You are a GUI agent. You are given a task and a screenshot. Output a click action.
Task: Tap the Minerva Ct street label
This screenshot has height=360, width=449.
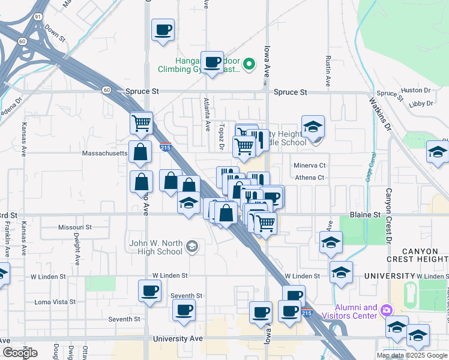tap(310, 165)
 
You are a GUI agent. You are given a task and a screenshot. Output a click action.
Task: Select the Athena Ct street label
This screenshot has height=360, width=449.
tap(310, 178)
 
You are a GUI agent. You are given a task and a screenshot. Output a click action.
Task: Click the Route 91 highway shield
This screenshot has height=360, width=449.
tap(38, 17)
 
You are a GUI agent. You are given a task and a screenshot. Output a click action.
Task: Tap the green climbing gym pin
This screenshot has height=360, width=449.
tap(251, 62)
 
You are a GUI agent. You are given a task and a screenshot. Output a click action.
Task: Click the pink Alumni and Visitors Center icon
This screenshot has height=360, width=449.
tap(387, 310)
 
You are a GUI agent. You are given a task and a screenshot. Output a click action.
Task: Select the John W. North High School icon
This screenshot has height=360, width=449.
tap(192, 245)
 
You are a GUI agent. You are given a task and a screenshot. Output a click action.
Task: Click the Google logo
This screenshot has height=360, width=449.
tap(20, 353)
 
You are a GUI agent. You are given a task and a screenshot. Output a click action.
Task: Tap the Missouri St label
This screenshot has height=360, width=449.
tap(74, 227)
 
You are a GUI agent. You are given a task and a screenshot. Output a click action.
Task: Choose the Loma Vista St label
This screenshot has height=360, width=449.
tap(55, 302)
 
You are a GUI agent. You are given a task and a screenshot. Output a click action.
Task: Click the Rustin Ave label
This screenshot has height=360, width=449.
tap(328, 71)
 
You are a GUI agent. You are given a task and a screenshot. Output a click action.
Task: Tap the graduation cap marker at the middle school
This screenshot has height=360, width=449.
tap(313, 127)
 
